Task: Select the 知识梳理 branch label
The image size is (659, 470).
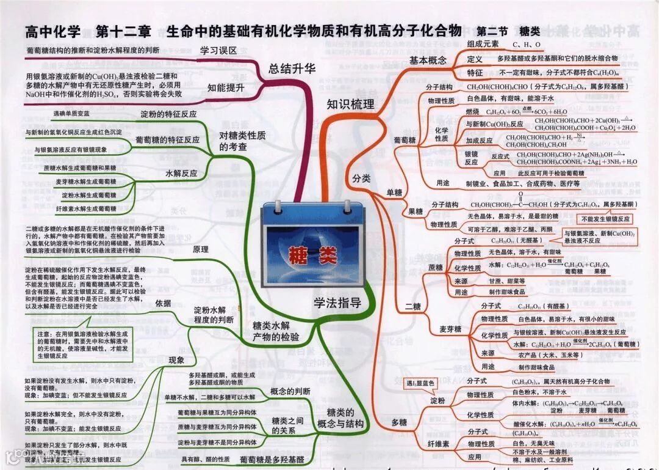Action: [x=350, y=104]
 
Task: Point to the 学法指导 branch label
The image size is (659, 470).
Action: [x=337, y=303]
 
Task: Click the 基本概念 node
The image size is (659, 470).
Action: [x=428, y=60]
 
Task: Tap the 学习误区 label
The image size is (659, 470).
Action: [x=218, y=51]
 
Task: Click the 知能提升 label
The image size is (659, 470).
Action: [x=225, y=87]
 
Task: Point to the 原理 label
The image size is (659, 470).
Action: [x=200, y=249]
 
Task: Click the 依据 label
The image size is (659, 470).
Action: [x=163, y=303]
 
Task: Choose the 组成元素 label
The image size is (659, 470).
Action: [x=483, y=44]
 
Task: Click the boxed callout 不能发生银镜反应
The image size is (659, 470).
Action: [x=607, y=219]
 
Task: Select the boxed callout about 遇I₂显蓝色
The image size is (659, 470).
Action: [x=421, y=383]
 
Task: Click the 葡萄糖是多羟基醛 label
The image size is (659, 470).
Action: [x=272, y=459]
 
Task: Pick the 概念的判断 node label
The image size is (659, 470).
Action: [x=290, y=391]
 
